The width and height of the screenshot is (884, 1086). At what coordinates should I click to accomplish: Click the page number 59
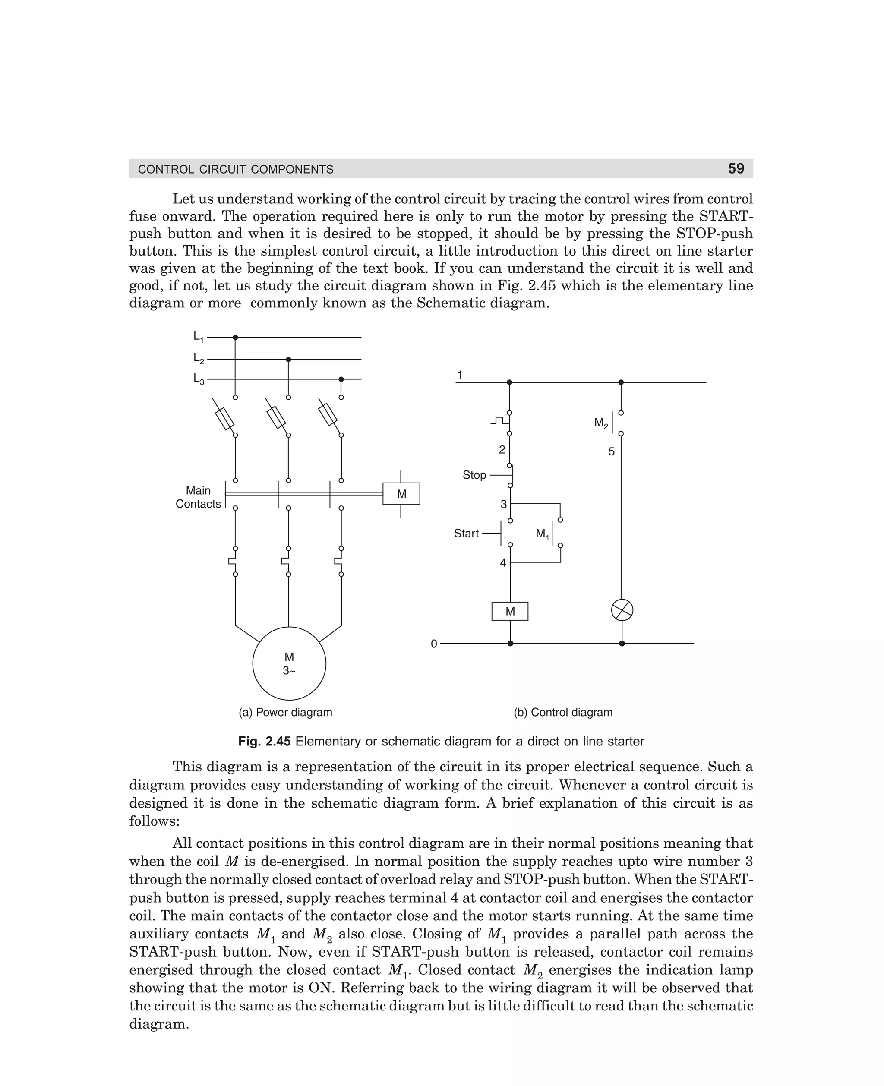(736, 168)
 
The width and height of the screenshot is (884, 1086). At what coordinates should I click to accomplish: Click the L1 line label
(198, 337)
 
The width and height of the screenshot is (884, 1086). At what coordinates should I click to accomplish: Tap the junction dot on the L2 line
(288, 360)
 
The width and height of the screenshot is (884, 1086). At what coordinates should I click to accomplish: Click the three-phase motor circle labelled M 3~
(289, 663)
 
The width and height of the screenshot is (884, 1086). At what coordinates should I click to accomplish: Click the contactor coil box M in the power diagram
(401, 494)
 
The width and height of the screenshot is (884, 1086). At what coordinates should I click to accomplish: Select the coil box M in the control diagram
(510, 611)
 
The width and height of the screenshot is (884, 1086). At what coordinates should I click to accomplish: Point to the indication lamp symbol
(622, 610)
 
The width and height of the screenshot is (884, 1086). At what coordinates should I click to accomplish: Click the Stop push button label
(474, 475)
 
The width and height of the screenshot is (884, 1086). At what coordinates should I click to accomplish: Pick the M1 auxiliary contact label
(542, 534)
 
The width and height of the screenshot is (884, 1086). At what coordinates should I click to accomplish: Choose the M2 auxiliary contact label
(601, 423)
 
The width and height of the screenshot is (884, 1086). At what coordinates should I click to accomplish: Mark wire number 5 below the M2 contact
(612, 451)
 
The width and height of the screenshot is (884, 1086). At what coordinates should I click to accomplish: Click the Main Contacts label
(198, 497)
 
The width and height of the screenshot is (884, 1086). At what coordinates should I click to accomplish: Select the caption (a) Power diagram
(285, 712)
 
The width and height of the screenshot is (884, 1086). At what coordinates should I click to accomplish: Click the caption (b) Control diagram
(563, 712)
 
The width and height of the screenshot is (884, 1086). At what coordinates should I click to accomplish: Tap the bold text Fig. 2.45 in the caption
(264, 741)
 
